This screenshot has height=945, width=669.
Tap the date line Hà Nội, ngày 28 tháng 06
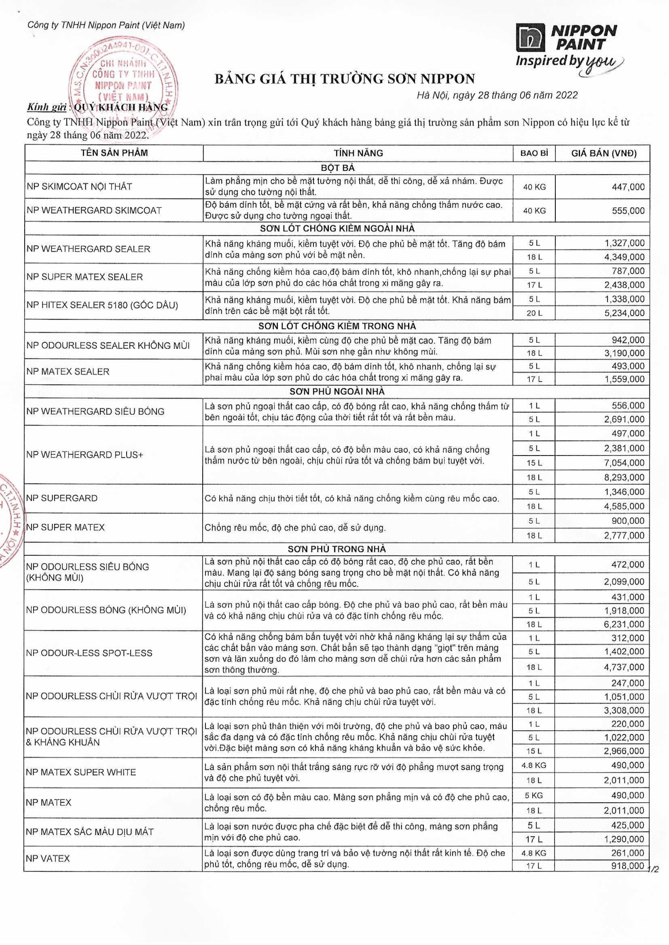pos(497,95)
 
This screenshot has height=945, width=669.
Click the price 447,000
pos(628,187)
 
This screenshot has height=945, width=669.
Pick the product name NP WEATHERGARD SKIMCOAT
pos(94,210)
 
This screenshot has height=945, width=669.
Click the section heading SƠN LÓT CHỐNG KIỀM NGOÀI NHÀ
pos(337,229)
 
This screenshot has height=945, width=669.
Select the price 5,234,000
pos(624,313)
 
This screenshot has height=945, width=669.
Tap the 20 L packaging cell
pos(534,313)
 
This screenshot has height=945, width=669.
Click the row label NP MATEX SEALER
pos(68,372)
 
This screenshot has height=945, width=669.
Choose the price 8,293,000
pos(624,477)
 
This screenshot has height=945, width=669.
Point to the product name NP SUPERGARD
pos(62,498)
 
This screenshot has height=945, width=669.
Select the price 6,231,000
pos(624,624)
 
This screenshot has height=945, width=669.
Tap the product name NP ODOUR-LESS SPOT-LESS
pos(89,653)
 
